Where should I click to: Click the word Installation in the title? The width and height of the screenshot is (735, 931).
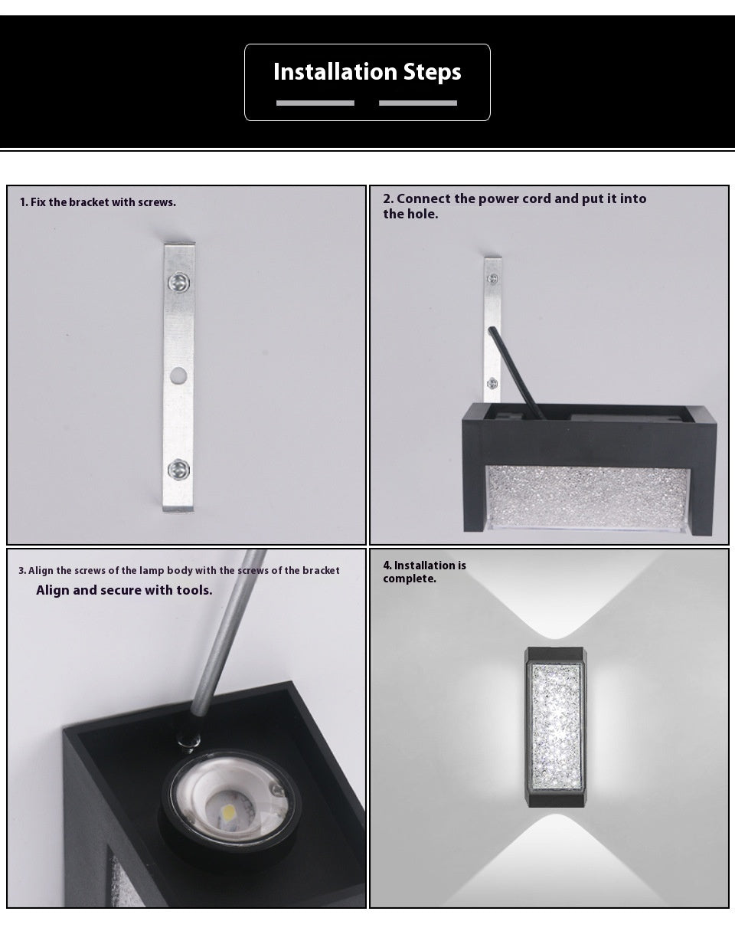335,71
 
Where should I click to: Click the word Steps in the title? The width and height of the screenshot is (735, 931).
432,72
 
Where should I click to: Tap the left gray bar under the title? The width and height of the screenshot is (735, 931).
315,103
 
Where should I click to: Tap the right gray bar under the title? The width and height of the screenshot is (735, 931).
418,103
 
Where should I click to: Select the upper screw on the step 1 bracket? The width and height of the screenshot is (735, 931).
178,283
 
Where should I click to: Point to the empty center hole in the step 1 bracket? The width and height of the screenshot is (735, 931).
178,376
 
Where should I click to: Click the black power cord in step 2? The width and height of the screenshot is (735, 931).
516,372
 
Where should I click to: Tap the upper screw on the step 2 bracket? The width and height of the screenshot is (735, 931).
492,279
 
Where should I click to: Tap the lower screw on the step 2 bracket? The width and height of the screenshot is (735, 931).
492,383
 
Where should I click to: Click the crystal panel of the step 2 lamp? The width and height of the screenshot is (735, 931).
587,497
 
